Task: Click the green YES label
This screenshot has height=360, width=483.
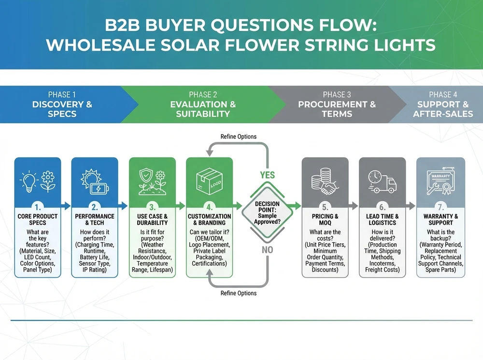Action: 267,175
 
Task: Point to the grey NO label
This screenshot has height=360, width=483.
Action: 267,249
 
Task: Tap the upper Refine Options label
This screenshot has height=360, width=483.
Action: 238,137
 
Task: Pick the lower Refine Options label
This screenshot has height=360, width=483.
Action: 238,293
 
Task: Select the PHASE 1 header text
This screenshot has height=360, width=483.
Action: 62,95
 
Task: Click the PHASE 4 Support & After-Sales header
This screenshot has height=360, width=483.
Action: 442,104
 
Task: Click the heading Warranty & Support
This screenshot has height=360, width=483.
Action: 440,220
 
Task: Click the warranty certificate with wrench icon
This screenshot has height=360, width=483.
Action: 440,182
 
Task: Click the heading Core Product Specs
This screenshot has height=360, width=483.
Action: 38,220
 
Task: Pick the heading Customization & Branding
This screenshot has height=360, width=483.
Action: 209,220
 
